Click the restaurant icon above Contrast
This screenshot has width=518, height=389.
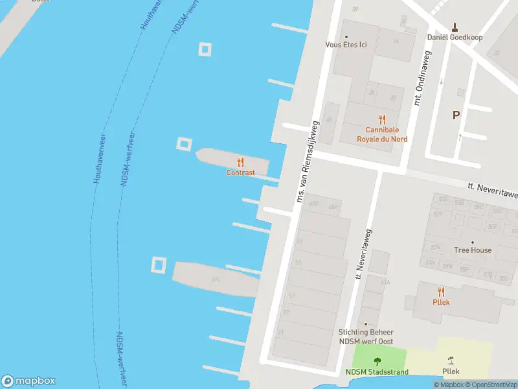click(x=240, y=162)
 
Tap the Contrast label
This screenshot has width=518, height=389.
click(x=240, y=173)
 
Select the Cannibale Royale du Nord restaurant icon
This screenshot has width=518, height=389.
click(x=382, y=119)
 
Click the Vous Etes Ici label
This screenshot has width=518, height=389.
click(x=345, y=45)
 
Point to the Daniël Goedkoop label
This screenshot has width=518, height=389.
click(x=455, y=37)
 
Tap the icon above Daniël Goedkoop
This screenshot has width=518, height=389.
click(x=455, y=27)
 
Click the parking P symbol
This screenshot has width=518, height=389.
click(x=456, y=115)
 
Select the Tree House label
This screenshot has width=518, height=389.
click(x=472, y=250)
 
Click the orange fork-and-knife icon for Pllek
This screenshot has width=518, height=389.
click(x=442, y=292)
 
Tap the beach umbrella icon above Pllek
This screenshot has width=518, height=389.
click(x=451, y=360)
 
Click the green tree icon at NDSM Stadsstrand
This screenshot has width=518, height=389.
click(x=377, y=361)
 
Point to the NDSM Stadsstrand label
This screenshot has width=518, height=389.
click(x=377, y=372)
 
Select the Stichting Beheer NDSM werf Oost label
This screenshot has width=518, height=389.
click(x=366, y=336)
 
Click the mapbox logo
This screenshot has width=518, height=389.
click(x=28, y=381)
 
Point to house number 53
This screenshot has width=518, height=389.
click(x=298, y=263)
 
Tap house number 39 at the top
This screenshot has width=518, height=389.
click(x=354, y=9)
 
